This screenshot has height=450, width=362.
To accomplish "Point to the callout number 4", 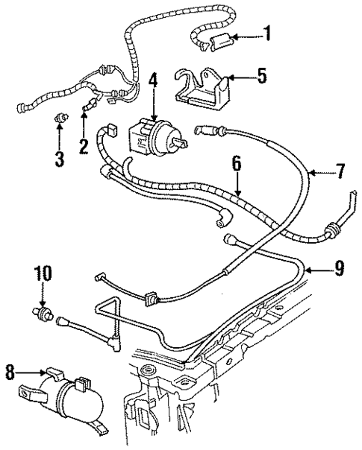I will coord(153,80).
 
